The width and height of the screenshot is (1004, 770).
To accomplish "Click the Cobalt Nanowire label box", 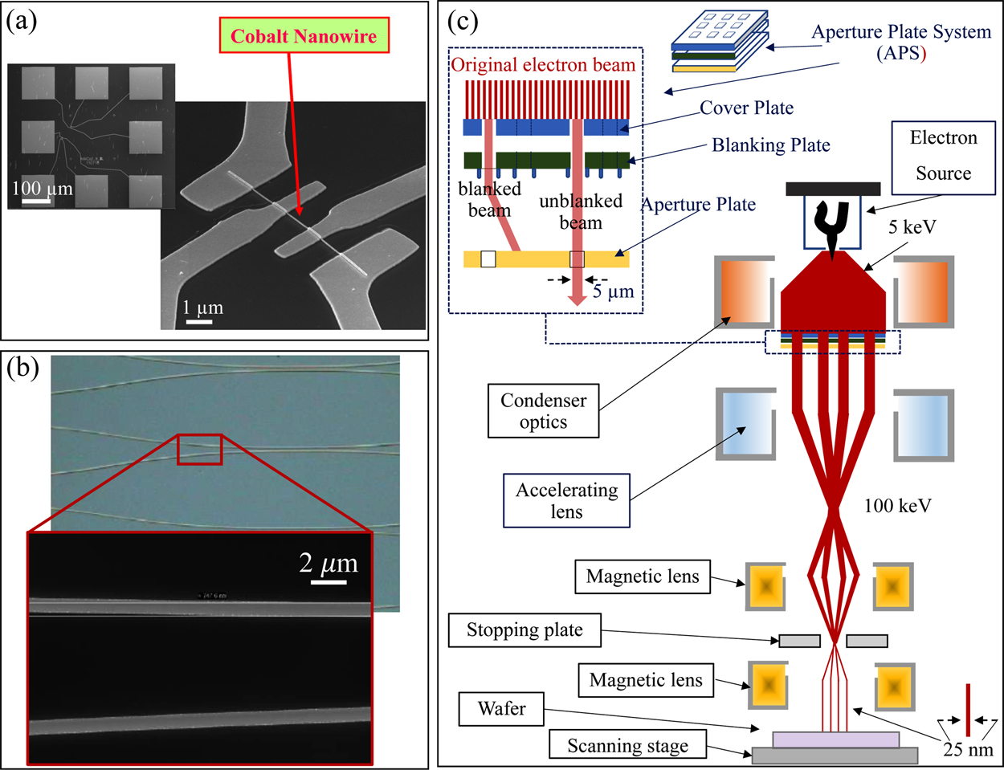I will click(x=304, y=37).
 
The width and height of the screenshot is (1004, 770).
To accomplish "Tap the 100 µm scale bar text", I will click(x=42, y=189).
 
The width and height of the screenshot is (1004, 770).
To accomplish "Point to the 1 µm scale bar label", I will click(x=202, y=308).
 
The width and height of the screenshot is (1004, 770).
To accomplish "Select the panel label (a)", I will click(x=22, y=20).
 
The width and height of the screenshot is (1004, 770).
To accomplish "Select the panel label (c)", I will click(x=462, y=20).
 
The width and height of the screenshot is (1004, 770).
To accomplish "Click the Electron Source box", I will click(x=943, y=155).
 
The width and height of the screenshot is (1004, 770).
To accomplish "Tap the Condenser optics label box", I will click(x=543, y=411).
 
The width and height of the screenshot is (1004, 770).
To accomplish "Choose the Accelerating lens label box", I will click(x=566, y=501).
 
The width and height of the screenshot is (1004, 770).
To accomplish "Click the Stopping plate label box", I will click(x=524, y=630).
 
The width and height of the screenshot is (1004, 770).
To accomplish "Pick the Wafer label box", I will click(x=501, y=709).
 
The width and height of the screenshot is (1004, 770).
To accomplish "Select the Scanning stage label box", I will click(x=627, y=746).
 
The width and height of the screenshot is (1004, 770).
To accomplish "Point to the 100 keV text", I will click(x=897, y=506).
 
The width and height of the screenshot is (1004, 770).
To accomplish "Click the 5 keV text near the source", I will click(x=912, y=227).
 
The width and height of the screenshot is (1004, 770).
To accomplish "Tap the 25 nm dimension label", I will click(x=968, y=750).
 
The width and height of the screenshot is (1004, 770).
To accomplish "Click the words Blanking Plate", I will click(x=770, y=145).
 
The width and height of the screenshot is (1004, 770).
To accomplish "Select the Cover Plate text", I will click(x=746, y=108).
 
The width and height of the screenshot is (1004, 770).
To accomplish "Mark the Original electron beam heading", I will click(x=543, y=65).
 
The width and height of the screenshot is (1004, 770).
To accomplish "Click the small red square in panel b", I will click(x=199, y=450).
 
